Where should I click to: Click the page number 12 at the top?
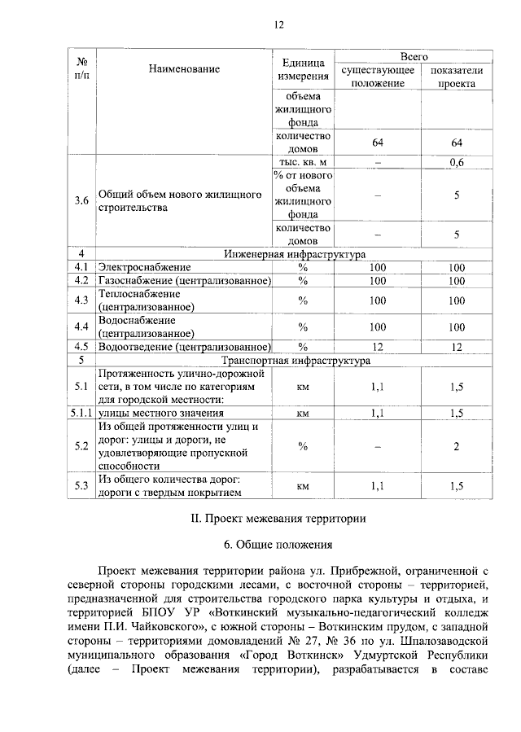pos(278,25)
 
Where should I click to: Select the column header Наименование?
pos(184,69)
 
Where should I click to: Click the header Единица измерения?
pos(302,69)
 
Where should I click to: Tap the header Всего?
pos(414,57)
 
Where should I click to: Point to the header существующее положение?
pos(378,77)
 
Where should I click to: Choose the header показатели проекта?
pos(457,77)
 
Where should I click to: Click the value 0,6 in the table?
pos(457,163)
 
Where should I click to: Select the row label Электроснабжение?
pos(145,267)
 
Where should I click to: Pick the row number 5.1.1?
pos(81,414)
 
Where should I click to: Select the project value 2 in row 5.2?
pos(457,446)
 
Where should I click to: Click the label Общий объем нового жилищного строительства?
pos(179,201)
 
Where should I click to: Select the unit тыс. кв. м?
pos(302,163)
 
